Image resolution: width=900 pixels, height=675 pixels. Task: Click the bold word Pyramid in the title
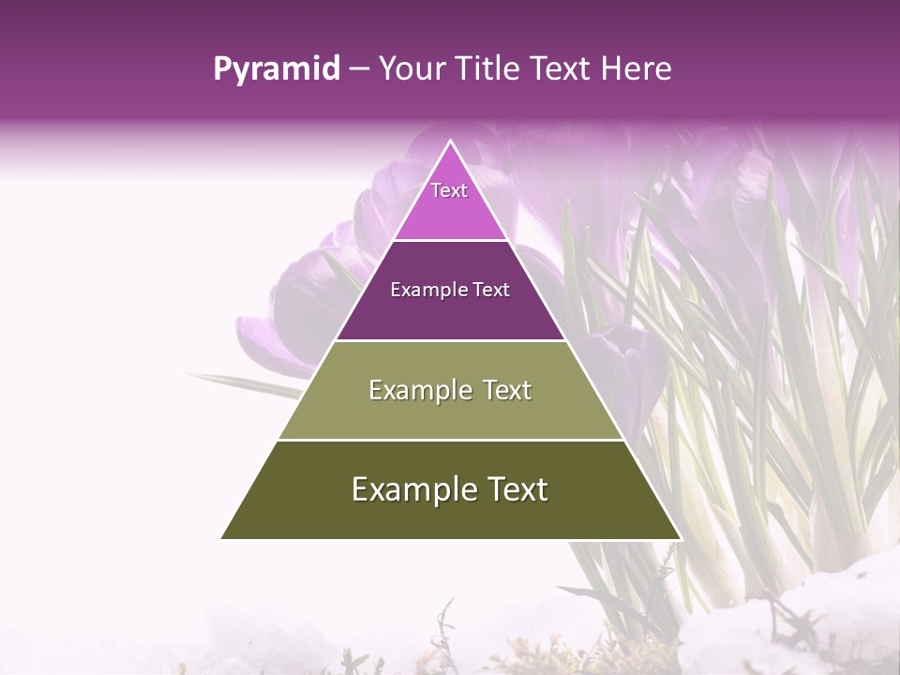276,69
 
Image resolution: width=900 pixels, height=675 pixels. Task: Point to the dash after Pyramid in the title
358,69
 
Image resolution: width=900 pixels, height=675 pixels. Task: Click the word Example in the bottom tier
410,489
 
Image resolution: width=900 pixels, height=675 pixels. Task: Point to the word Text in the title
561,69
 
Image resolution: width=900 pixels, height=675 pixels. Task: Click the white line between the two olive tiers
450,440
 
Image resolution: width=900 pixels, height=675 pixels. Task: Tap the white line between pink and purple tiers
450,241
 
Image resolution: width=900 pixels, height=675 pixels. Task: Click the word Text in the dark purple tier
491,290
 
